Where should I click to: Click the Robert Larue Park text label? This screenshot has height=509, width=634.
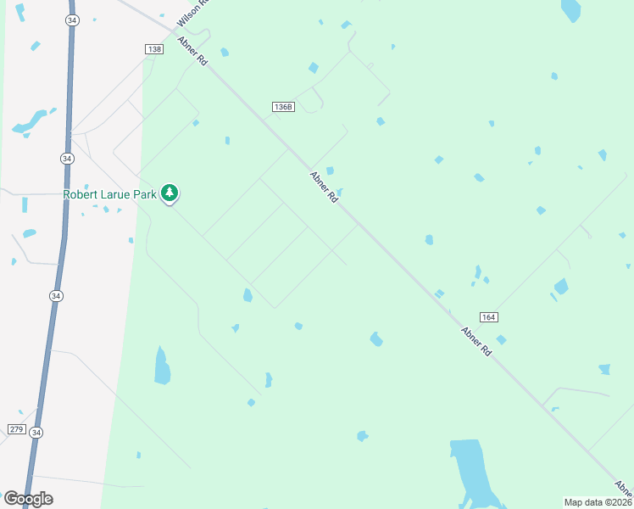point(110,194)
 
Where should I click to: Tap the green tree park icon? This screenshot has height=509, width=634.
point(170,193)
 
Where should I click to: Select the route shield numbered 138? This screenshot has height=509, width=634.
point(153,50)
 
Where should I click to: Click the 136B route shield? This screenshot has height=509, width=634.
point(283,107)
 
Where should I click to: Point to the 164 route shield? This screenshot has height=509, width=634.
point(487,316)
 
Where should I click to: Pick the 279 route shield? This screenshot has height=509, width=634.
point(15,429)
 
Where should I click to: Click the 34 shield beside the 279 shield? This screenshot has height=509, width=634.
point(36,433)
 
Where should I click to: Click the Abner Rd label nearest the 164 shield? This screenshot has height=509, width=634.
point(476,341)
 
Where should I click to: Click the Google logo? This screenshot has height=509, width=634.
point(28,499)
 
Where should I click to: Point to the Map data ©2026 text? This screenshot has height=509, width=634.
point(598,502)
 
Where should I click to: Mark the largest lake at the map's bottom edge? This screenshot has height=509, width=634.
point(471,472)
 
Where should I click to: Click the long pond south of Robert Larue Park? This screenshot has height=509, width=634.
point(161,366)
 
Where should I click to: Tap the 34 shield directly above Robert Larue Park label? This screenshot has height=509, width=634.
point(67,159)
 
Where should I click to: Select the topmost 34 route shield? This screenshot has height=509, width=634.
point(72,21)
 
